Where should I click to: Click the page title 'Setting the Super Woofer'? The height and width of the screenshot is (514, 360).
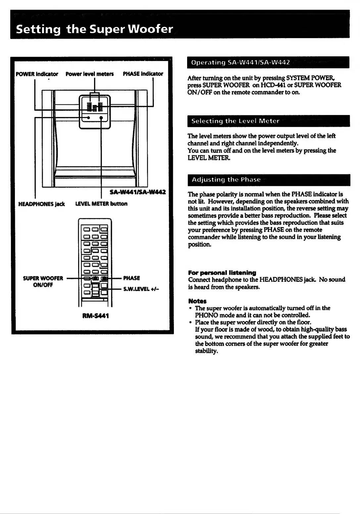pos(94,29)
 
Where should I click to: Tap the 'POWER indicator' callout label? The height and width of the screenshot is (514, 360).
pos(37,74)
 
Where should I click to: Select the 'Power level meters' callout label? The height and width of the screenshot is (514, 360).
pos(89,74)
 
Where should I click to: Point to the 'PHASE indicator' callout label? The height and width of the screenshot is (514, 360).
pos(143,74)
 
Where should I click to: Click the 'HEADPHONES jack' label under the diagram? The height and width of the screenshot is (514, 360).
pos(41,204)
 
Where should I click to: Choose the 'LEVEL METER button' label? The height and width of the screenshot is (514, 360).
pos(101,203)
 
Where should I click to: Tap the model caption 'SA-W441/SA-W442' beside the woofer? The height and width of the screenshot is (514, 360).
pos(137,192)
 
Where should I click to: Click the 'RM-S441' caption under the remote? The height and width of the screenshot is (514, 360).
pos(95,316)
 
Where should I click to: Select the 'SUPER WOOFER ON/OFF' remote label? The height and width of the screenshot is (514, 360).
pos(43,281)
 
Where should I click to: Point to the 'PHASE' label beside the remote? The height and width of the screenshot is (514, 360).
pos(131,278)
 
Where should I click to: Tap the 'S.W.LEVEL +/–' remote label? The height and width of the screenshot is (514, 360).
pos(141,289)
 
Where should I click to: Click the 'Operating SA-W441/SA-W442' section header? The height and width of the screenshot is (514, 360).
pos(240,62)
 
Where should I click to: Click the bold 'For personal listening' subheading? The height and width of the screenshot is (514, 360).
pos(222,273)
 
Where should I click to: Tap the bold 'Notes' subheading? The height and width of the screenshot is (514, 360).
pos(197,301)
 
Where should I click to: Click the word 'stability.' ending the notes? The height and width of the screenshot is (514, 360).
pos(206,351)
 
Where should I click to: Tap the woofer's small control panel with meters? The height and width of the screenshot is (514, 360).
pos(95,112)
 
